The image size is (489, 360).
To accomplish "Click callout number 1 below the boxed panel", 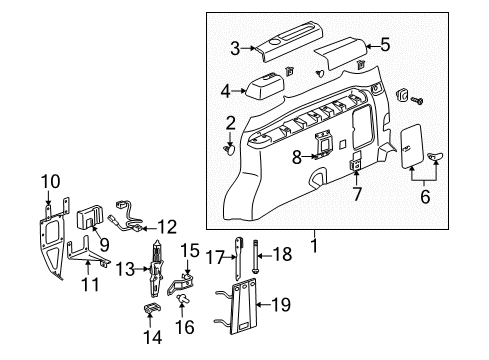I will (315, 244).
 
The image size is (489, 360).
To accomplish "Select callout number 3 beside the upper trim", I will (234, 47).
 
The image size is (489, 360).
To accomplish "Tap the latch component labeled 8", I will (324, 144).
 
